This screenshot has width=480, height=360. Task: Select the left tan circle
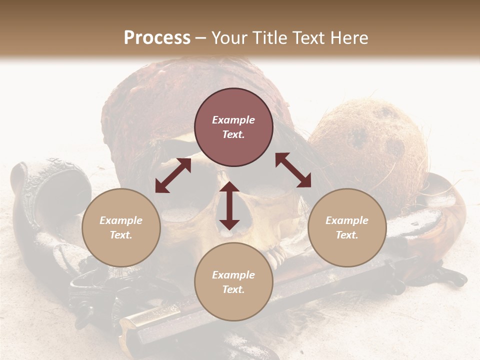click(x=121, y=227)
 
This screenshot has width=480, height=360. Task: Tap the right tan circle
click(x=347, y=227)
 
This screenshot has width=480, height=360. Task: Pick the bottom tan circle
click(x=233, y=282)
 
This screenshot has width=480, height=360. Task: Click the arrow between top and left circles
click(x=173, y=175)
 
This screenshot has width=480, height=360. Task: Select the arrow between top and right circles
click(x=293, y=170)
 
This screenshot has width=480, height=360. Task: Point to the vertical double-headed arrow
click(x=229, y=205)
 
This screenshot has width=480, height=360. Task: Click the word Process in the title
click(x=157, y=37)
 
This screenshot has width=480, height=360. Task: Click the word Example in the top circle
click(x=233, y=120)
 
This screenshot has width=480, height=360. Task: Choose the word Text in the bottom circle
click(x=233, y=289)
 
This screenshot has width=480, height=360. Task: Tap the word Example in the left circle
click(x=121, y=220)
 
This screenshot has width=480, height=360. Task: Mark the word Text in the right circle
click(x=347, y=235)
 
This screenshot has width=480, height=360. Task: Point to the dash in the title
click(x=201, y=38)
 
